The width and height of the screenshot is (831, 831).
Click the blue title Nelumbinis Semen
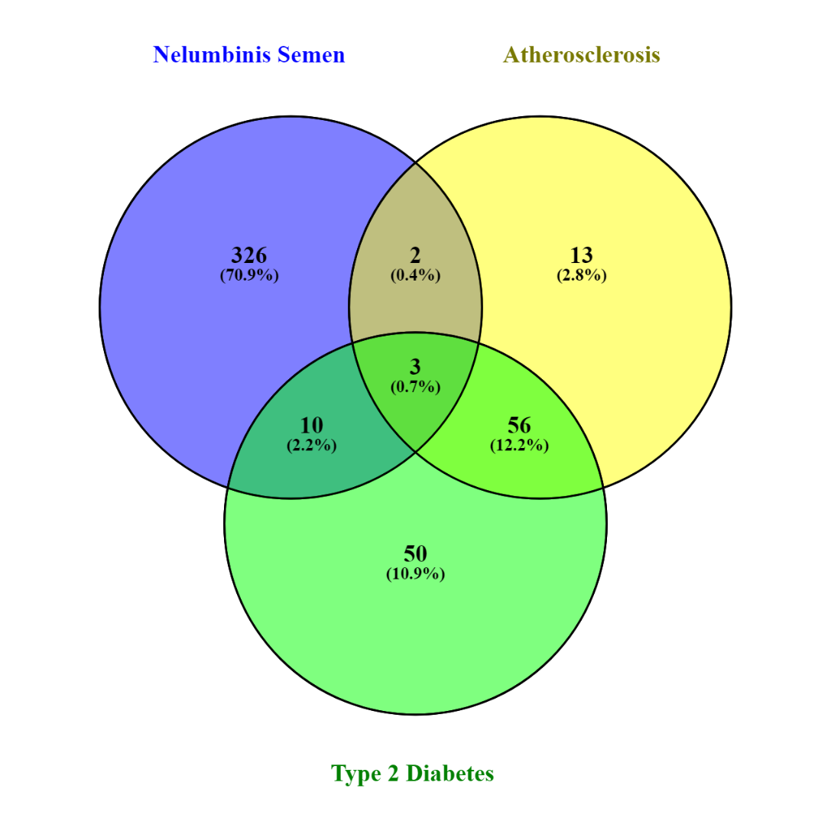(248, 54)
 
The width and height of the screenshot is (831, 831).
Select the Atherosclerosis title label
(581, 54)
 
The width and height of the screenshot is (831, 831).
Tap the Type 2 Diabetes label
(412, 773)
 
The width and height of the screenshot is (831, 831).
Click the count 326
(249, 255)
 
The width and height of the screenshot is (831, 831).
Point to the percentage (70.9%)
(249, 275)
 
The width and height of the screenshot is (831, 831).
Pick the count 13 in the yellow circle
(581, 255)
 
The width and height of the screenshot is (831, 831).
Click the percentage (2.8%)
(581, 275)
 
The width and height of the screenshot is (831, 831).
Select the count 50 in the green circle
(416, 553)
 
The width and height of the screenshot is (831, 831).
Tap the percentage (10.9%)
(416, 573)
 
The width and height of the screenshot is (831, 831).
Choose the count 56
(519, 425)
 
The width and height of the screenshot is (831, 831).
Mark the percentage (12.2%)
(519, 445)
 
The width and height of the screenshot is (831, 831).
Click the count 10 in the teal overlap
(312, 425)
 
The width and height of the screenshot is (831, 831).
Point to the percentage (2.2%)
(312, 445)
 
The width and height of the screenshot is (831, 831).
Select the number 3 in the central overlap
(416, 367)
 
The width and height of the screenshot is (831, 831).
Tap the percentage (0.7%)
(416, 386)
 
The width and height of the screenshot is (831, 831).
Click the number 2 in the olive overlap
(416, 255)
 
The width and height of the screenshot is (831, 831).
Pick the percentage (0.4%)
(416, 275)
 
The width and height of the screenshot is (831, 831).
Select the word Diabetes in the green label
(450, 773)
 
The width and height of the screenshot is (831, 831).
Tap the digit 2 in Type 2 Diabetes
(393, 774)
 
